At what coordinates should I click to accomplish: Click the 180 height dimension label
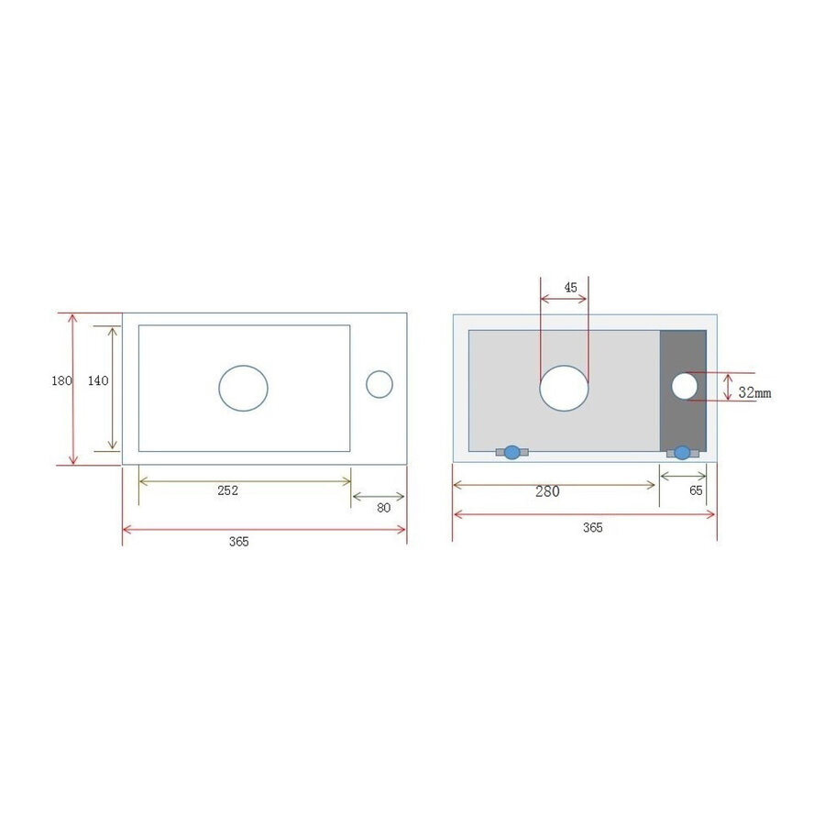pos(61,381)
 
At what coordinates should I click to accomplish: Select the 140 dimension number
pos(98,381)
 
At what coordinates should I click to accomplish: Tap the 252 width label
pos(227,490)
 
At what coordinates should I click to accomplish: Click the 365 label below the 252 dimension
pos(238,542)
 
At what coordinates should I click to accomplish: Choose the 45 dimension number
pos(570,288)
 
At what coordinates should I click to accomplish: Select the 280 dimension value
pos(547,491)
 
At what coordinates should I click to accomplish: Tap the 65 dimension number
pos(696,490)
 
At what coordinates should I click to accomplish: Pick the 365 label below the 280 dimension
pos(592,527)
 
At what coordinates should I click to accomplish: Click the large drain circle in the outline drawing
pos(243,387)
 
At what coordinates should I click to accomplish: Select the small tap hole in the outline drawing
pos(379,384)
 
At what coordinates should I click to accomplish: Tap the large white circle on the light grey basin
pos(564,387)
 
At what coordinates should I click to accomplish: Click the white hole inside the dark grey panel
pos(684,386)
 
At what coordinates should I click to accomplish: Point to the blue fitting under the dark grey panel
pos(682,452)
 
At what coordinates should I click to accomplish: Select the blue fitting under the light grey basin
pos(511,452)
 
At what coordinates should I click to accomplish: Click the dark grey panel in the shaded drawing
pos(683,422)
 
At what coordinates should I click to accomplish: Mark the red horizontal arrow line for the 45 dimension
pos(564,300)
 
